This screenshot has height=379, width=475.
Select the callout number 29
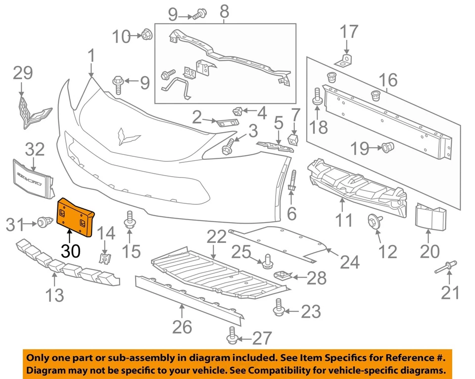22,73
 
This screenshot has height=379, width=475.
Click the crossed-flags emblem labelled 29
30,112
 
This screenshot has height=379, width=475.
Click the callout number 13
55,295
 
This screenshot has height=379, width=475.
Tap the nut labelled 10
146,35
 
